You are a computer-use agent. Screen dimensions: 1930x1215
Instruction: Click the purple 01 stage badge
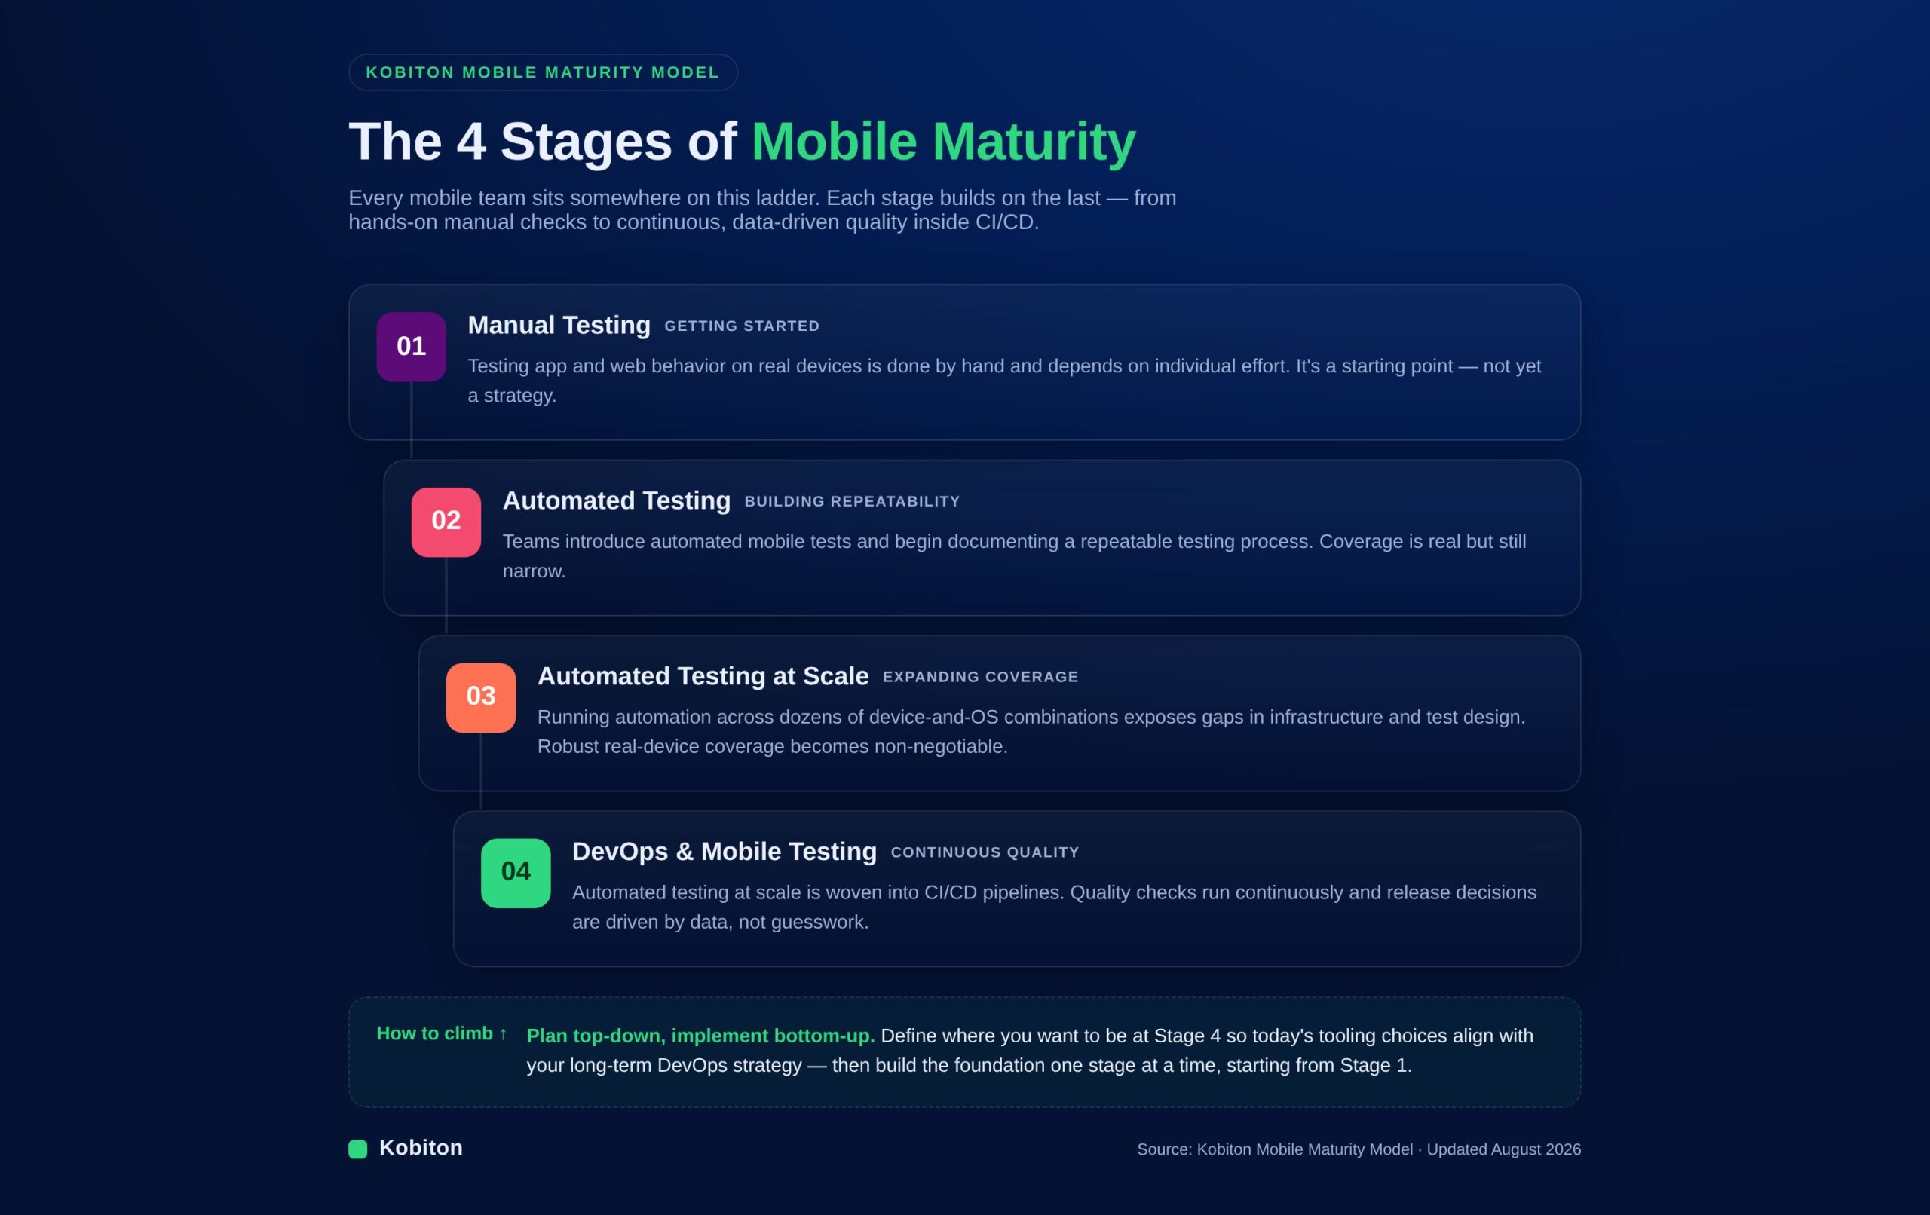[x=411, y=346]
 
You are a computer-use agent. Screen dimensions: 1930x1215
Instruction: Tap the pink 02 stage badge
[x=446, y=522]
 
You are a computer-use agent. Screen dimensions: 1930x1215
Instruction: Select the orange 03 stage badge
[x=481, y=697]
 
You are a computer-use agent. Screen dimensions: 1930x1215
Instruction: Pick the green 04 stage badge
[x=516, y=873]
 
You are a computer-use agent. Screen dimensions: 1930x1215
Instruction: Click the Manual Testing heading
[x=559, y=326]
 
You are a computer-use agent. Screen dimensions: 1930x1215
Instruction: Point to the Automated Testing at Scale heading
[x=703, y=676]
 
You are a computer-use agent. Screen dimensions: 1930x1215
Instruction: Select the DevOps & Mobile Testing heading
[x=725, y=852]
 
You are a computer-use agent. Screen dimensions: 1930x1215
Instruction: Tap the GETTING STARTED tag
[x=742, y=326]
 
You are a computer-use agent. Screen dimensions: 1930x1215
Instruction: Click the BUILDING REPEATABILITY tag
[x=852, y=502]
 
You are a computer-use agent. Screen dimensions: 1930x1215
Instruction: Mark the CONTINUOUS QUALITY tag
[x=985, y=852]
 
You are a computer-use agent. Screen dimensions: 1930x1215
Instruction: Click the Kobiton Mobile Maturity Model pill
[x=543, y=72]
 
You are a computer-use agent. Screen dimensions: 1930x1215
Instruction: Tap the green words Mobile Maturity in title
[x=943, y=142]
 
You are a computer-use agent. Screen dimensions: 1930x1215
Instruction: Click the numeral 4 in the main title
[x=471, y=142]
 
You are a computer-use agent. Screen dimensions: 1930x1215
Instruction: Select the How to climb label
[x=442, y=1034]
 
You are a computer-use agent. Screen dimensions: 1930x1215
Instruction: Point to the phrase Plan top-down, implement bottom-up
[x=700, y=1036]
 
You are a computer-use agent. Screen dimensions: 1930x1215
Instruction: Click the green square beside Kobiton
[x=357, y=1149]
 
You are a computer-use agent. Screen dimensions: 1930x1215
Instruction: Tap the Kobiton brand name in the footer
[x=421, y=1148]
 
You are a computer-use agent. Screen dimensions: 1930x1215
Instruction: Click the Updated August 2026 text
[x=1503, y=1149]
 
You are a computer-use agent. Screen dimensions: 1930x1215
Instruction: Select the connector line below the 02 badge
[x=446, y=595]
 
